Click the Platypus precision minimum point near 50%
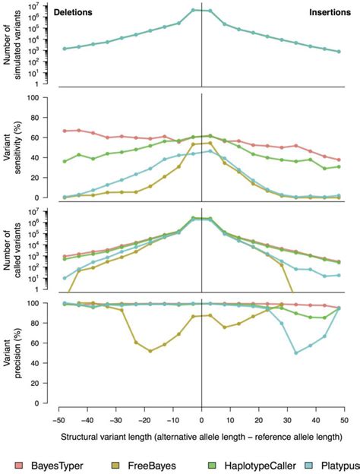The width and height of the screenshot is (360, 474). point(296,352)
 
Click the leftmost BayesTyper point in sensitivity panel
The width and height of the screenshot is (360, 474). point(65,131)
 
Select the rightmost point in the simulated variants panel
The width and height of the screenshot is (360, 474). point(339,52)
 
